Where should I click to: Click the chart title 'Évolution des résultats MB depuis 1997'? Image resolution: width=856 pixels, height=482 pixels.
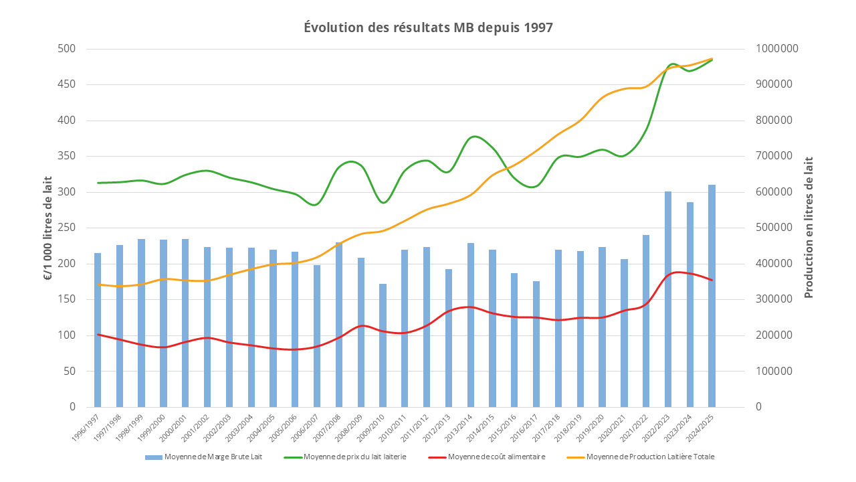[x=428, y=27]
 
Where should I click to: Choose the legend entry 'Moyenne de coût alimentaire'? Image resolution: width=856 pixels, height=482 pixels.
[x=496, y=457]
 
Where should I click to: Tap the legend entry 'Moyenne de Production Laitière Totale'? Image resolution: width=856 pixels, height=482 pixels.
[x=649, y=457]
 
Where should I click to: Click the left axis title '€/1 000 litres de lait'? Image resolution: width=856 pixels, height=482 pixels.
[x=49, y=228]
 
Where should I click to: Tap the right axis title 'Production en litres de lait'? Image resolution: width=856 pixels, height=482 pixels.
[x=809, y=228]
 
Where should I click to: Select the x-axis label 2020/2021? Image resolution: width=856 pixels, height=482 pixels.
[x=616, y=426]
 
